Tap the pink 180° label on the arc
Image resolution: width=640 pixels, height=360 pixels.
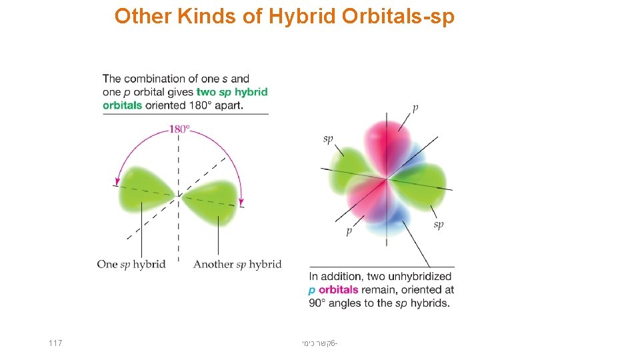coord(179,129)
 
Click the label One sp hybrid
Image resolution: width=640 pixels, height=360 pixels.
coord(131,264)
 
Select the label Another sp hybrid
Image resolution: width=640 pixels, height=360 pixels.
coord(237,264)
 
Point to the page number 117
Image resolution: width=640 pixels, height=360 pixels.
coord(55,343)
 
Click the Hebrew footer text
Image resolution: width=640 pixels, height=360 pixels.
coord(319,343)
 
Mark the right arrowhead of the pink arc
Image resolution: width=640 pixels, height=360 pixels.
coord(241,199)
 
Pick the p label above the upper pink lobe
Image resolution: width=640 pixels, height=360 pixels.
coord(416,107)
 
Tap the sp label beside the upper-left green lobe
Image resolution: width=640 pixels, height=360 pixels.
coord(327,139)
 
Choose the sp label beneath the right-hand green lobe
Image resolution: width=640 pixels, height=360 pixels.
coord(438,225)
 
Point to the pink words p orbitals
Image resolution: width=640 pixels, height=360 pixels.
coord(333,290)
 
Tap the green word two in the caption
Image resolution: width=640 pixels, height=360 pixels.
coord(207,92)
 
